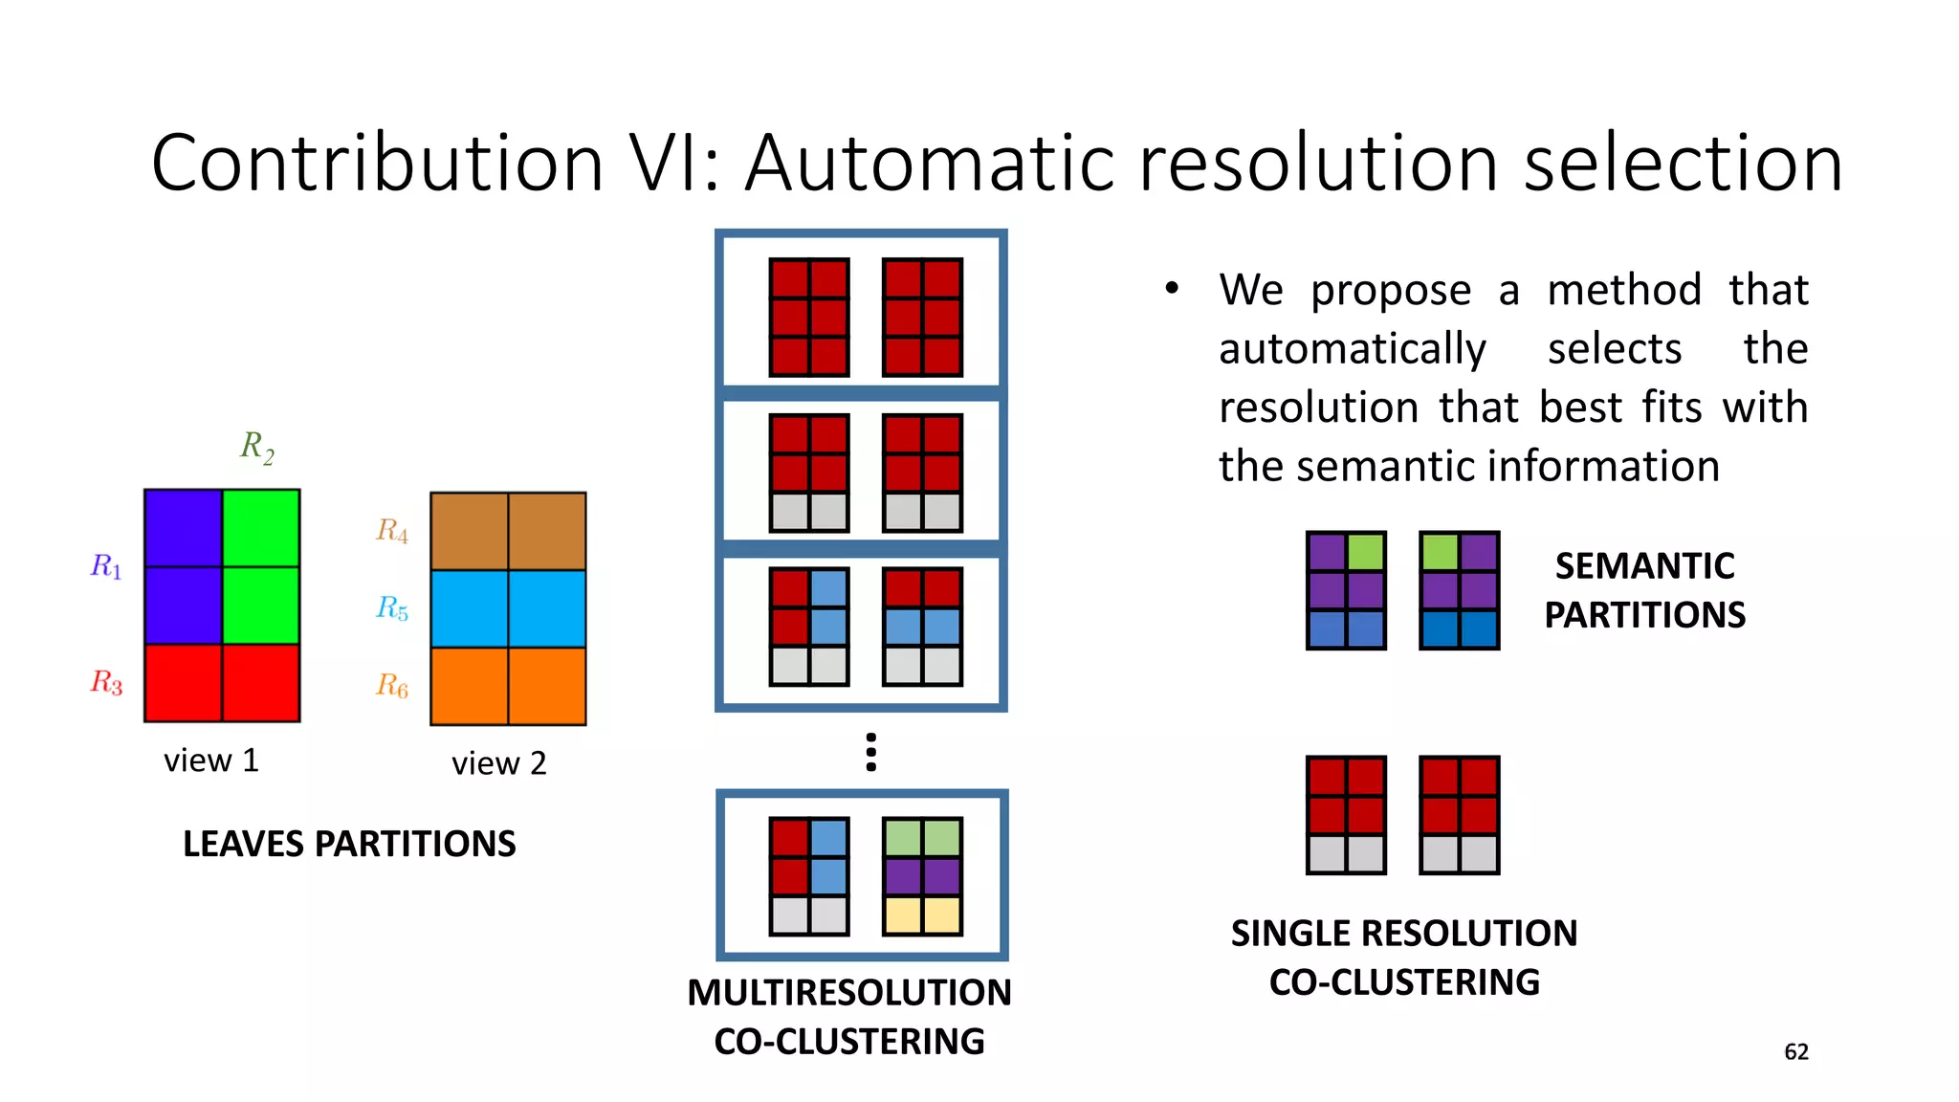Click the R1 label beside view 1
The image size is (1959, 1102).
click(x=106, y=567)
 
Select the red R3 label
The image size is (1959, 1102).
click(x=106, y=682)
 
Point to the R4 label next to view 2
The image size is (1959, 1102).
click(x=392, y=531)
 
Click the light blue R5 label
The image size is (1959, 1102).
click(x=392, y=608)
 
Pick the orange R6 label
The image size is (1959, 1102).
click(x=392, y=686)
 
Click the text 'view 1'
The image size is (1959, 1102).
click(x=211, y=760)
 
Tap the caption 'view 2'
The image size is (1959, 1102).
click(x=498, y=763)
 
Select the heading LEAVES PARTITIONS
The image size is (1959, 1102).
click(x=349, y=844)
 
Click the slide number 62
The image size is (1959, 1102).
click(x=1795, y=1052)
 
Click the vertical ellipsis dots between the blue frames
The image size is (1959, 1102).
click(x=870, y=752)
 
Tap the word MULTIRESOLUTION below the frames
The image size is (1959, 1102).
click(x=848, y=993)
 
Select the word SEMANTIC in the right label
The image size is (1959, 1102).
click(x=1644, y=566)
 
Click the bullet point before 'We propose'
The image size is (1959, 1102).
click(x=1172, y=288)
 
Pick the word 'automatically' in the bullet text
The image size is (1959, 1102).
click(x=1352, y=348)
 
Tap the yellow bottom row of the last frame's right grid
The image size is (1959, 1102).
click(x=922, y=915)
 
